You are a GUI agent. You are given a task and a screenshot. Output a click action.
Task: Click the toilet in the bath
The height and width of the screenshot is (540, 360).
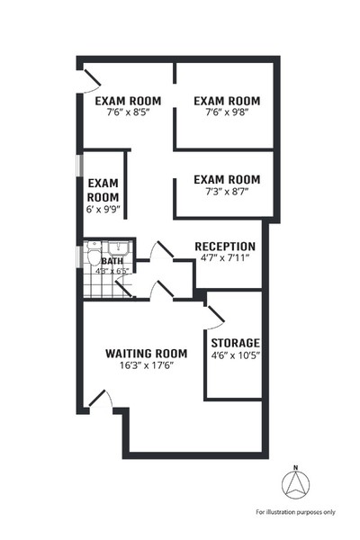(94, 256)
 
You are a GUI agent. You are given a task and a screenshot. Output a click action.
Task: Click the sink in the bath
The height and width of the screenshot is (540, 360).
(115, 248)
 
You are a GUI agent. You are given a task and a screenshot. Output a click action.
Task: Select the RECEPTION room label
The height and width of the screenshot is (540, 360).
(225, 247)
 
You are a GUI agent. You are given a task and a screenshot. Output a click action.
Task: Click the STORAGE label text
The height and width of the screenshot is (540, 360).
(235, 343)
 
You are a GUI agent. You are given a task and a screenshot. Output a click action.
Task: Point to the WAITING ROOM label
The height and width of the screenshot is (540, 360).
(146, 353)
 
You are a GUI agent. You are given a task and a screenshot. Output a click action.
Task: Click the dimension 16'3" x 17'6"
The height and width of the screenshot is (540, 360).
(146, 364)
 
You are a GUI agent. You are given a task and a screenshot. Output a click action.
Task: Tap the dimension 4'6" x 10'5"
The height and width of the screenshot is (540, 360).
(235, 355)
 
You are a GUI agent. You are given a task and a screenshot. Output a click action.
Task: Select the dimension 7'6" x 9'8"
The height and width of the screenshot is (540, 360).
(227, 113)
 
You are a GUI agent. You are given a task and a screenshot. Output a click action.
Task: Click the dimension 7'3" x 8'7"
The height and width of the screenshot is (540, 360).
(227, 192)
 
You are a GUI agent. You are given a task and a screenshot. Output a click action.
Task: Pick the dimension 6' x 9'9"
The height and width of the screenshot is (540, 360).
(103, 209)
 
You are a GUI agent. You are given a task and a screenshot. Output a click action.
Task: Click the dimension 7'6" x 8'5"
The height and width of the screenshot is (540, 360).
(128, 113)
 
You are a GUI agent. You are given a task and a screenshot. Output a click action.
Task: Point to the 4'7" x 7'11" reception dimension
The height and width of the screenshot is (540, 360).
(225, 259)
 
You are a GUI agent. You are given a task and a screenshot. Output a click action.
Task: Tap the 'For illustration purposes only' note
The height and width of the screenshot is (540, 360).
(295, 511)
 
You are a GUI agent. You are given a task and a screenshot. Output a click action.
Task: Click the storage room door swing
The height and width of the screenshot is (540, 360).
(214, 315)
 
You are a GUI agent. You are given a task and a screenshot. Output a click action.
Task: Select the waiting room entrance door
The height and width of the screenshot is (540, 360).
(100, 400)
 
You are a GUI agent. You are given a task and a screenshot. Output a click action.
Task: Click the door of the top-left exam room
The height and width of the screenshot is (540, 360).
(90, 81)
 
